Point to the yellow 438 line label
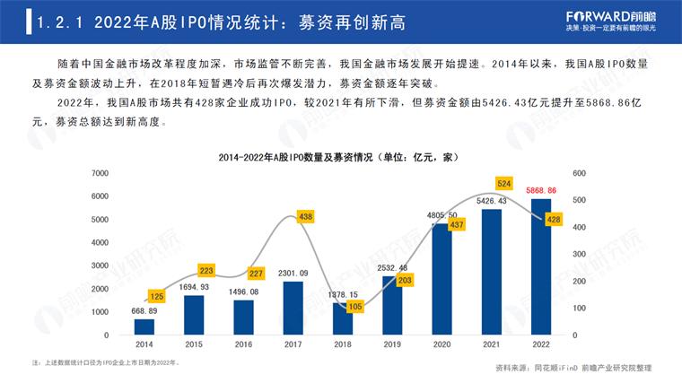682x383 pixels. (307, 217)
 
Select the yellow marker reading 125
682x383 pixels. (156, 296)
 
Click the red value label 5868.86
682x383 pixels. (540, 191)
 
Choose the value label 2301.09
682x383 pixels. (293, 274)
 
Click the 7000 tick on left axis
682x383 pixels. (101, 172)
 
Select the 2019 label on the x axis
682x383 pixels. (391, 344)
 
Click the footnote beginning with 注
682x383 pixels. (106, 362)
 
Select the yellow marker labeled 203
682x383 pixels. (405, 280)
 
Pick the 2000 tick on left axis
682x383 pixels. (101, 289)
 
